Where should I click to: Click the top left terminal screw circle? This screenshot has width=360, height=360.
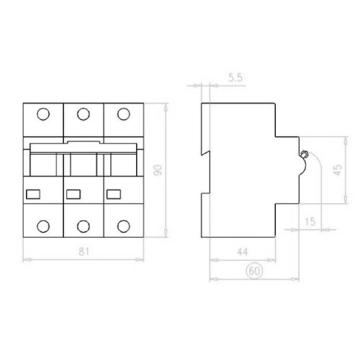(x=42, y=114)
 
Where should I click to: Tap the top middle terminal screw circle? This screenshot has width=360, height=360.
(x=83, y=114)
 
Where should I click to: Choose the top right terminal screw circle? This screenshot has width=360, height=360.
(x=123, y=114)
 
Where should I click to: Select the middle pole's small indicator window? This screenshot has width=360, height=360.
(x=72, y=193)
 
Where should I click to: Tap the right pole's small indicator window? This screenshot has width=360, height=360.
(x=113, y=193)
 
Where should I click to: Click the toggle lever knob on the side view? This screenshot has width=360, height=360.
(x=305, y=153)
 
